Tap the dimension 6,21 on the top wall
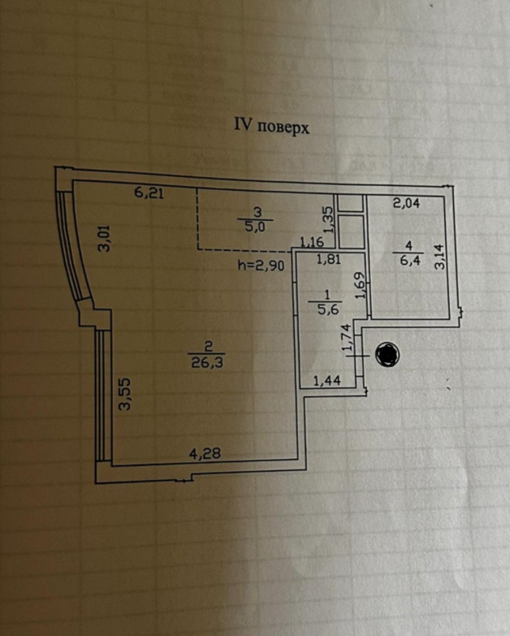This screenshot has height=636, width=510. (149, 193)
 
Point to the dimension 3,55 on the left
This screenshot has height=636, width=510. (125, 395)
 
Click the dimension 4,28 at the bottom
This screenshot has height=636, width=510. (204, 456)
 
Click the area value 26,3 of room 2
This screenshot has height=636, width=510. (203, 364)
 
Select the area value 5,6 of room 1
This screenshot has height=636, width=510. (329, 308)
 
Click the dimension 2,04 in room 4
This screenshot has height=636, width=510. (406, 204)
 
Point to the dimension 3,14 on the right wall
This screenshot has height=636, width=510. (439, 257)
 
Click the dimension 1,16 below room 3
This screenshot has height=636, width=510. (311, 242)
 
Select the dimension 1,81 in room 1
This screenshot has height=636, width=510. (328, 260)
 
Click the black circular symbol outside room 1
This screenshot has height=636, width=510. (387, 354)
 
